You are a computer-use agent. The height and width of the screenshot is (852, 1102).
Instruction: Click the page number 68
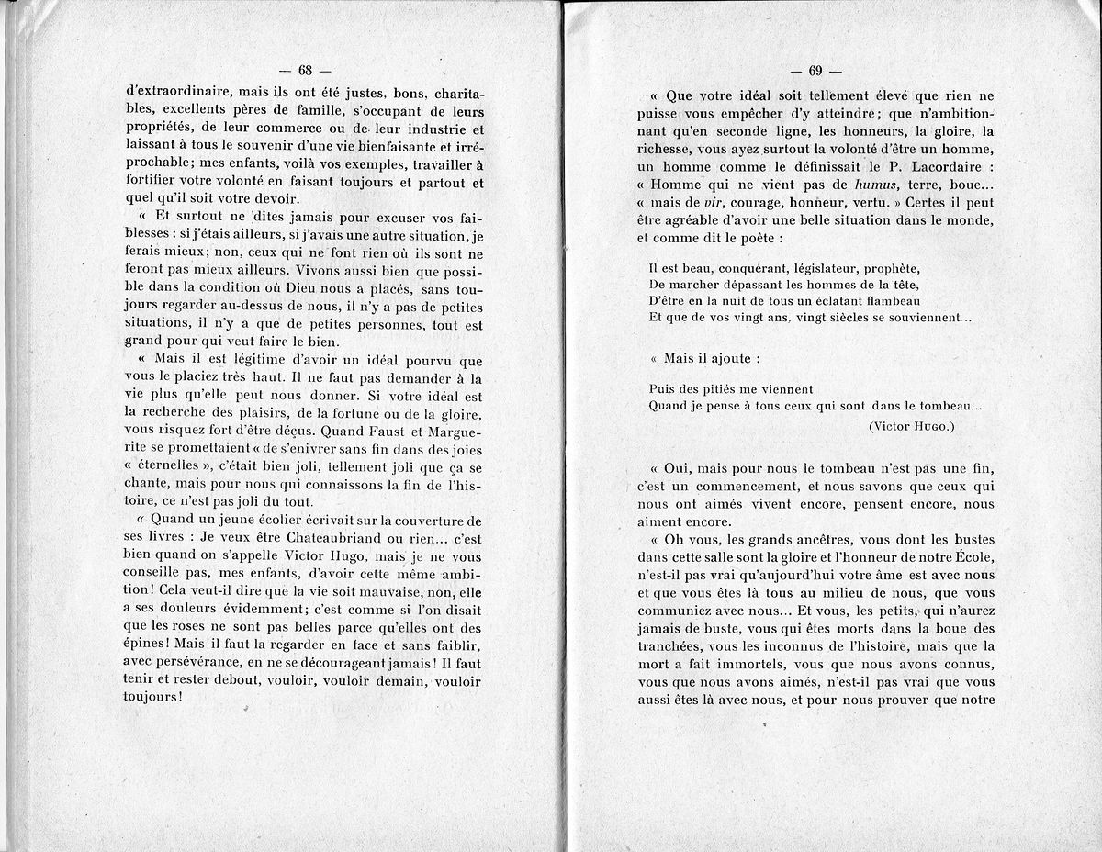[x=306, y=71]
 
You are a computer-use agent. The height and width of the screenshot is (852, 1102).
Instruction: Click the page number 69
[x=815, y=72]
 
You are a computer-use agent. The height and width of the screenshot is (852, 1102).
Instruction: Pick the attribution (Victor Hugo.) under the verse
[x=911, y=426]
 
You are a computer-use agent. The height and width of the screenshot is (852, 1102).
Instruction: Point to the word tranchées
[x=671, y=645]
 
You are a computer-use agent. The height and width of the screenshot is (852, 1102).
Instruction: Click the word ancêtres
[x=807, y=539]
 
